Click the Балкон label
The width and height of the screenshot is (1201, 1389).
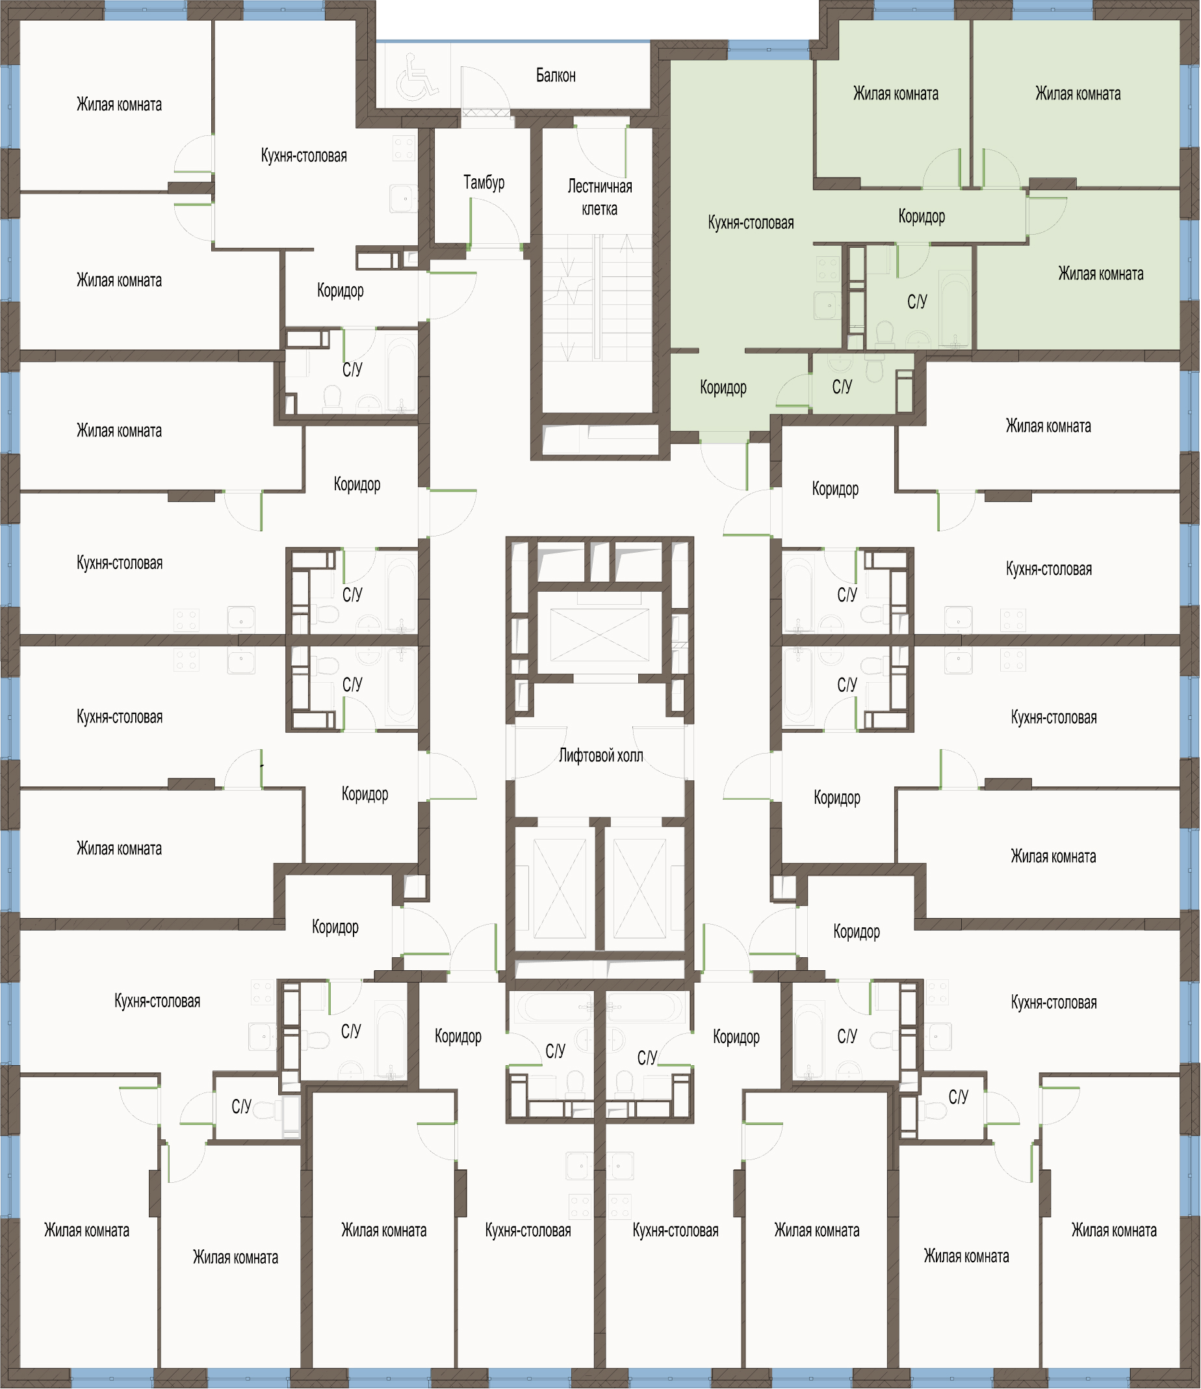pos(556,75)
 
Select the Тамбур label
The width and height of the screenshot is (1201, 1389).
pos(484,183)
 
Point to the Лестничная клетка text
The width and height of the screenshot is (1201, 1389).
pos(600,197)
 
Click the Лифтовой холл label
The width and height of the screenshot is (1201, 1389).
pos(601,756)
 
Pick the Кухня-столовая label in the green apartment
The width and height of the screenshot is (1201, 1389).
pos(751,222)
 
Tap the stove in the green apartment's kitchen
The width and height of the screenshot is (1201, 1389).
pos(827,269)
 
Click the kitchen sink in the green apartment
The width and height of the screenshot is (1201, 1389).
pos(827,305)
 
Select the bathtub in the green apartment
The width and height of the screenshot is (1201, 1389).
pos(954,308)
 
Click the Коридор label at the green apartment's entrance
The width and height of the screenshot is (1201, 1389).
pos(723,388)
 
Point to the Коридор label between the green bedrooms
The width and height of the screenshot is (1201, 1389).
pos(922,217)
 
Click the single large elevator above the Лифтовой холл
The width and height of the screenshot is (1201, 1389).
pos(600,635)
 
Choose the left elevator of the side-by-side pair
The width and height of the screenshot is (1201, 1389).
pos(560,888)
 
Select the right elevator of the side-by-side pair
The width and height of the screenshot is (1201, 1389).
pos(639,888)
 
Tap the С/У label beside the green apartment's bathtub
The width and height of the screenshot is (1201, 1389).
pos(917,302)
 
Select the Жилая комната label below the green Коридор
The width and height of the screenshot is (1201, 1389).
pos(1100,274)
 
